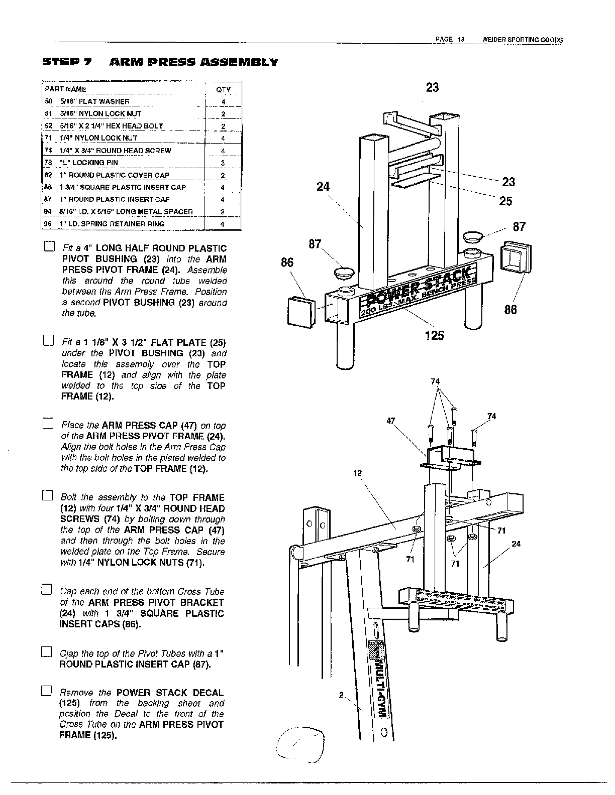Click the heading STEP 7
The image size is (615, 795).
[67, 62]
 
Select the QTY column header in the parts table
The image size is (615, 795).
[223, 90]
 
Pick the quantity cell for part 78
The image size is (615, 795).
[223, 163]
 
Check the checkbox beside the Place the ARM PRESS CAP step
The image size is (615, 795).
[48, 424]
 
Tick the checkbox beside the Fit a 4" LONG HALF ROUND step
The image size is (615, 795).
[49, 247]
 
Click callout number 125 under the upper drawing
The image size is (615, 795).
[434, 335]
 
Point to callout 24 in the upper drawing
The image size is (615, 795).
[323, 187]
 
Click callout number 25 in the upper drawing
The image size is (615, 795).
[505, 201]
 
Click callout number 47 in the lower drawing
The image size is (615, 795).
[391, 421]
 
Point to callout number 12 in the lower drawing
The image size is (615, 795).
[358, 473]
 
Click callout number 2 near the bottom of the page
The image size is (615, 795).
[341, 695]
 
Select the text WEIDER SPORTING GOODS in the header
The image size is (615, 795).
[522, 40]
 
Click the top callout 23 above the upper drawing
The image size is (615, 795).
[432, 87]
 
